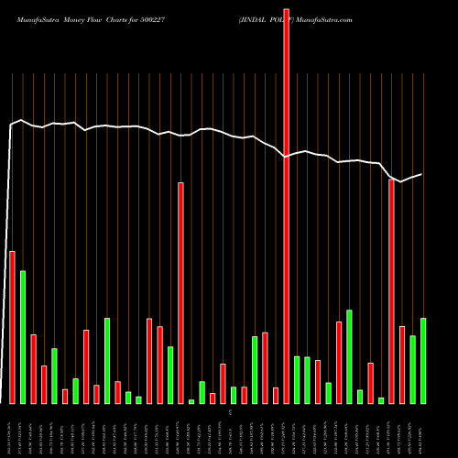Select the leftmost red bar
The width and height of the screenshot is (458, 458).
coord(12,327)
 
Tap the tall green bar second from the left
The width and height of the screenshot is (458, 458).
coord(23,337)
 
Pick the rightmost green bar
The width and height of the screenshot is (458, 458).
coord(422,360)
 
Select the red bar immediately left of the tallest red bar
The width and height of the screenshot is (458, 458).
coord(276,395)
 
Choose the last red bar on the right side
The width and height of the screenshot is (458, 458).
coord(401,365)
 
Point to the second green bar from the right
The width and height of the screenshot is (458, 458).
coord(412,369)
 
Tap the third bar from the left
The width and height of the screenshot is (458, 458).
coord(33,368)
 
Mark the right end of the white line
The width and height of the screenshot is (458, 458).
coord(421,174)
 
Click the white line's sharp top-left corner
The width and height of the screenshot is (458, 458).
coord(11,124)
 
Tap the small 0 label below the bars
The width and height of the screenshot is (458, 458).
coord(231,413)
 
